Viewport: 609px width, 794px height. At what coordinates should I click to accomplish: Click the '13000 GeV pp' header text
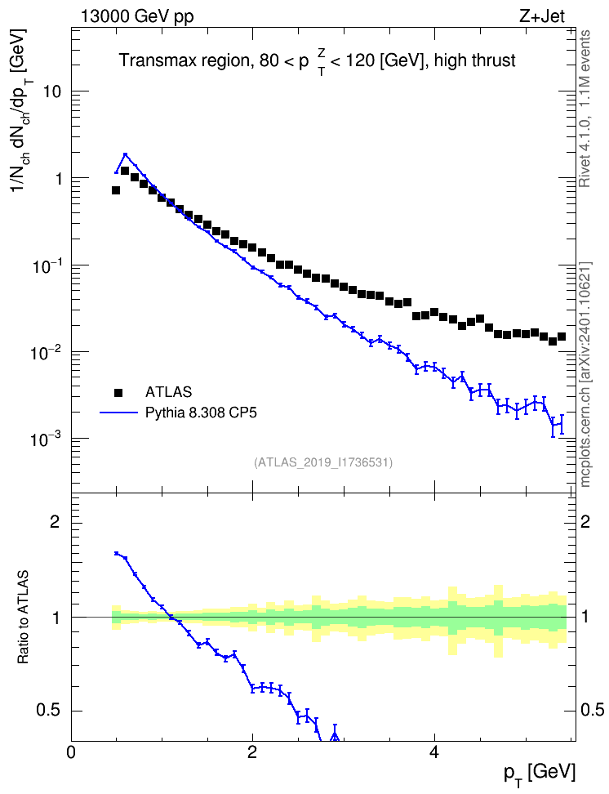137,16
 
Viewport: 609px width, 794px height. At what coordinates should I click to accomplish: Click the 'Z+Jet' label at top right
542,16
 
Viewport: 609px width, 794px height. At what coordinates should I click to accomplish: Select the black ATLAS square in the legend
118,392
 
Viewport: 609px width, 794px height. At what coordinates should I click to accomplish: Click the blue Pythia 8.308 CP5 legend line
118,413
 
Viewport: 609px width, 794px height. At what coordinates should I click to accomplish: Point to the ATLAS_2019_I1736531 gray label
323,462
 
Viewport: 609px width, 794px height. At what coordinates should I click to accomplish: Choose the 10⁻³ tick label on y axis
47,439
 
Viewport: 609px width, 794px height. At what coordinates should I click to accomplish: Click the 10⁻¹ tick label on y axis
47,265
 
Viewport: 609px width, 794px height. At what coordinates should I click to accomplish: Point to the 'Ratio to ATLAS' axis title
24,617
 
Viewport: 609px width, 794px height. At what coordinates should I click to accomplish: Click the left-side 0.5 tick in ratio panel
48,711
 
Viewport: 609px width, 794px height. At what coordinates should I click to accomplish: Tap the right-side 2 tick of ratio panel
585,521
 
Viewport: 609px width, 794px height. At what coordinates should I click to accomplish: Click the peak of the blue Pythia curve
125,154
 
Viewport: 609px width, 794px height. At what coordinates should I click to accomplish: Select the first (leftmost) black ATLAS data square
116,190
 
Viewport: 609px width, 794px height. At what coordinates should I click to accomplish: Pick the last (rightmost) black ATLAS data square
562,337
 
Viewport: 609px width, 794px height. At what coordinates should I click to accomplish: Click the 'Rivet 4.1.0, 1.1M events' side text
585,109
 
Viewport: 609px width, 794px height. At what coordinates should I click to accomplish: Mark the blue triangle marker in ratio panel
334,736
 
